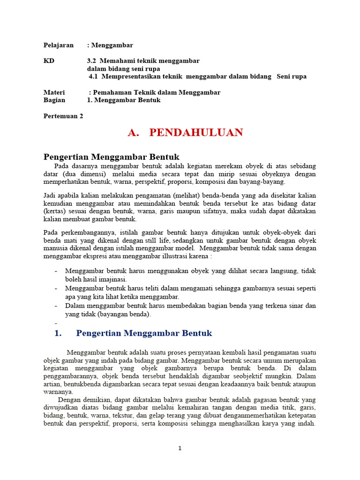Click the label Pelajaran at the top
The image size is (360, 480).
click(59, 45)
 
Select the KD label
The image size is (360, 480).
click(49, 61)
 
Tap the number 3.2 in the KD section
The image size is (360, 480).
click(92, 61)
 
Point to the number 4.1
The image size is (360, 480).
click(95, 76)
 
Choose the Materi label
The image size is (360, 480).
click(54, 92)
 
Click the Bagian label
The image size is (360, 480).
click(54, 100)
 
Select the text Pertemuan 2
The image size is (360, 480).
click(63, 116)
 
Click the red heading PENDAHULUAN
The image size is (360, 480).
click(196, 133)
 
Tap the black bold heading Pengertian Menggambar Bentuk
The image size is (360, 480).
click(112, 157)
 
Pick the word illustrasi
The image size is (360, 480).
click(179, 256)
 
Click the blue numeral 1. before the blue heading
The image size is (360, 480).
click(58, 333)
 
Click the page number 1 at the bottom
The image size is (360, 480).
click(180, 448)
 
